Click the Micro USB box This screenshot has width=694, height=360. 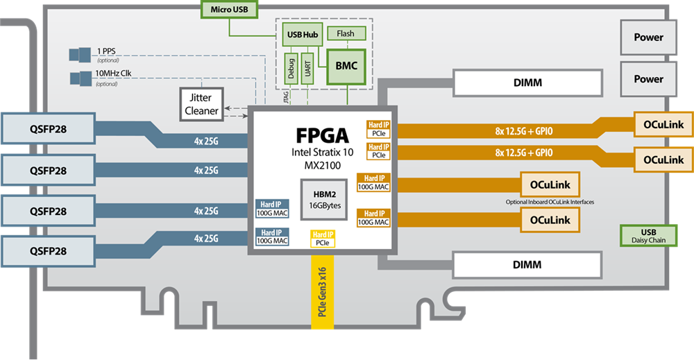[x=229, y=10]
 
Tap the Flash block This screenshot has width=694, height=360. [x=345, y=33]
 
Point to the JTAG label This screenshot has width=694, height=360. [x=287, y=99]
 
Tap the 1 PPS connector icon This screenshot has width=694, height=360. [x=81, y=53]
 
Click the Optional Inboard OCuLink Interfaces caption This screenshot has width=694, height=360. [x=550, y=202]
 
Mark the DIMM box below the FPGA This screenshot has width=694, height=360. [x=527, y=265]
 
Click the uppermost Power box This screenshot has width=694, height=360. [x=648, y=37]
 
